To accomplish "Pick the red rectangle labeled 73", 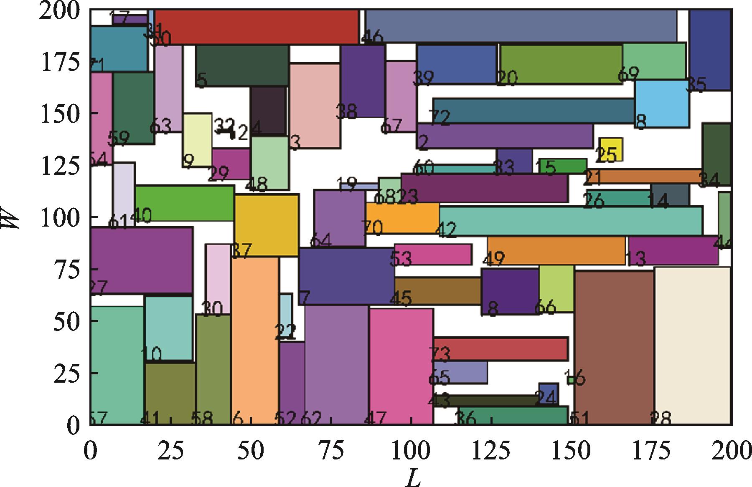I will [x=500, y=348].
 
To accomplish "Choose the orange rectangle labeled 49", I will [x=556, y=250].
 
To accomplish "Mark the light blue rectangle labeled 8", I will [x=661, y=103].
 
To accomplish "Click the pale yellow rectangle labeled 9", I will [x=197, y=140].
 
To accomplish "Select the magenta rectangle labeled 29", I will [x=231, y=164].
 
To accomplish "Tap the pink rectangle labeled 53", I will [x=433, y=254].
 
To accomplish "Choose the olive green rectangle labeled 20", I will [x=561, y=64].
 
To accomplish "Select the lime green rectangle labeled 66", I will [x=556, y=288].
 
